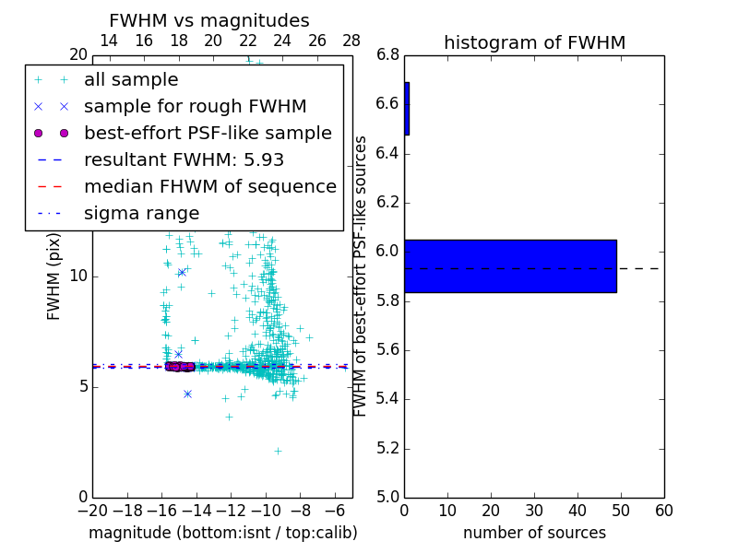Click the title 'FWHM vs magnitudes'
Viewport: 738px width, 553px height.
point(209,21)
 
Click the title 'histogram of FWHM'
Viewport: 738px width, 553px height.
point(534,42)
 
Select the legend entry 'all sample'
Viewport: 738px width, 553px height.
point(131,80)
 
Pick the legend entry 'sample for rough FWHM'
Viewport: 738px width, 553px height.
point(195,107)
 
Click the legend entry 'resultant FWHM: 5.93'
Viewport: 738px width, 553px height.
point(184,160)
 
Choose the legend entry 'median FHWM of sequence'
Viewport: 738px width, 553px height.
point(209,187)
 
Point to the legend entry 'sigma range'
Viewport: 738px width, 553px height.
point(141,214)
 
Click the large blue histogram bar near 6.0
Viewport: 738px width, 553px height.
point(510,266)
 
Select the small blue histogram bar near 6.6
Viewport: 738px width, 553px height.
point(407,109)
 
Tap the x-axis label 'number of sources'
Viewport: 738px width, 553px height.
point(534,533)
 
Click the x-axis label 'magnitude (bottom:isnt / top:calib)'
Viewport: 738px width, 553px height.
point(222,533)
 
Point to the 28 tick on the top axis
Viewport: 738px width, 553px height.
point(351,41)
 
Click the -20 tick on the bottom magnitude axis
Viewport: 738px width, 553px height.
point(92,510)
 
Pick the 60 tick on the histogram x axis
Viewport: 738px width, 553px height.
point(663,510)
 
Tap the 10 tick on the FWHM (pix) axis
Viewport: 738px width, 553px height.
point(77,276)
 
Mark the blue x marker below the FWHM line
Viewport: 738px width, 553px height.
point(187,394)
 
